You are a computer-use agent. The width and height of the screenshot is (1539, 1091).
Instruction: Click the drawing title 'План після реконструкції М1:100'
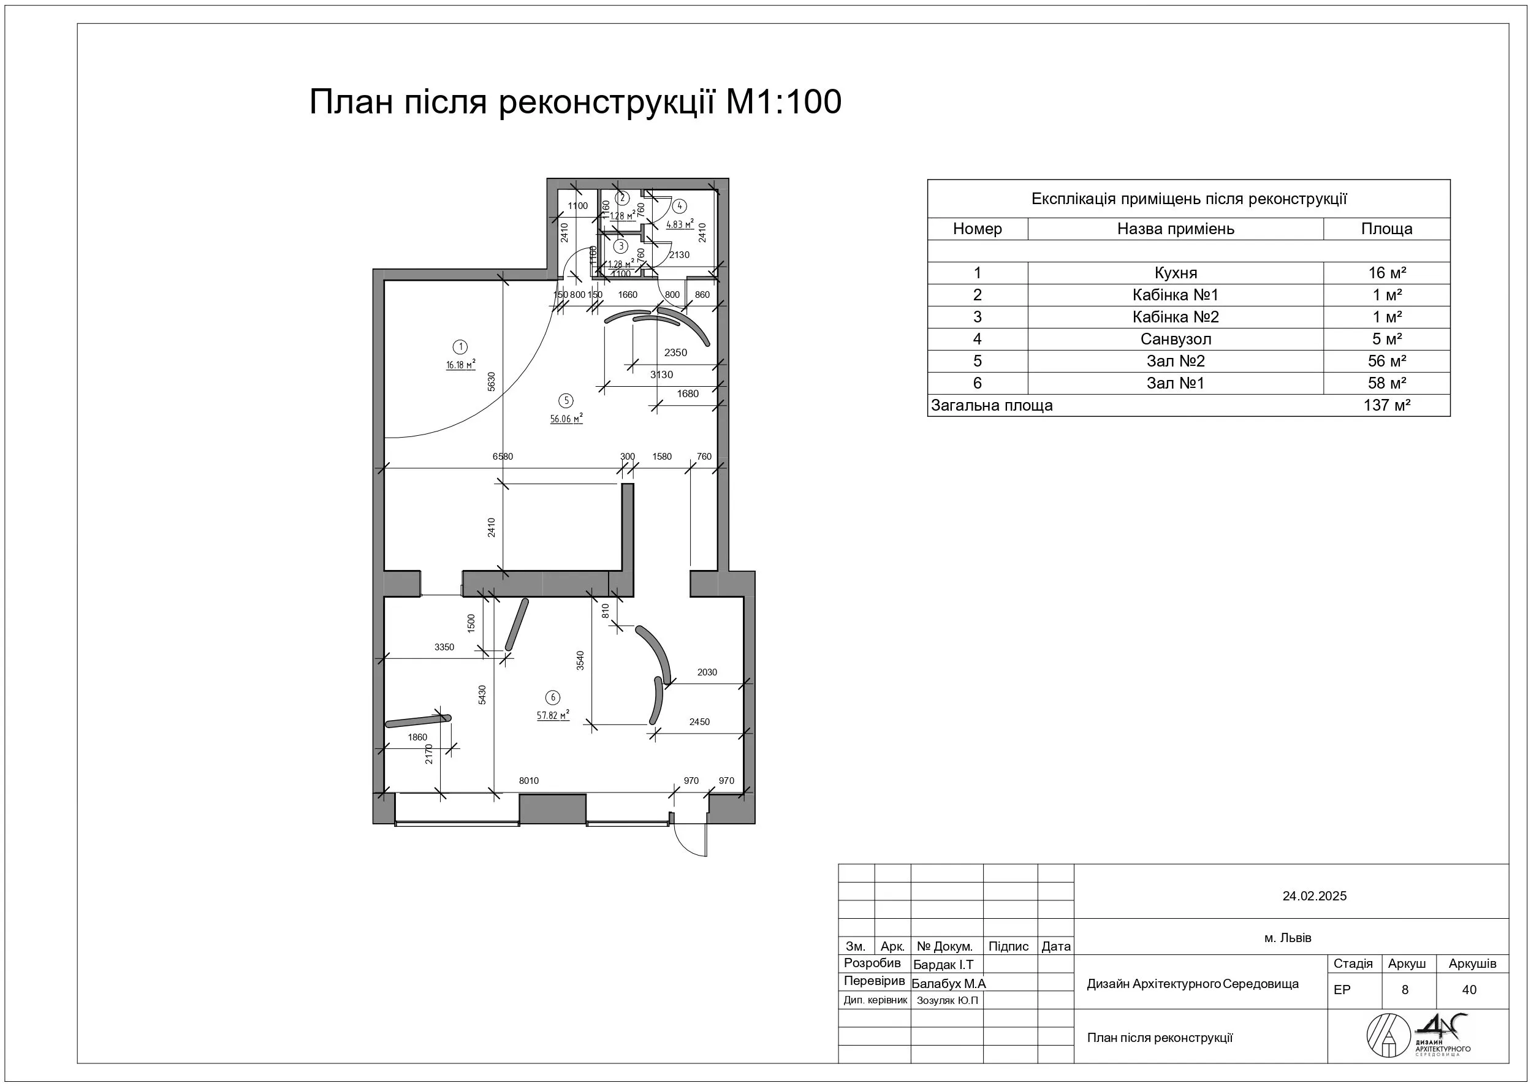click(x=575, y=102)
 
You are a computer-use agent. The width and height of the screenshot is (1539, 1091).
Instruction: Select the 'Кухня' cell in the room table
click(x=1176, y=273)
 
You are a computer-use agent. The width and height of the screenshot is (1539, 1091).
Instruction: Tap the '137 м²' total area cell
click(x=1386, y=405)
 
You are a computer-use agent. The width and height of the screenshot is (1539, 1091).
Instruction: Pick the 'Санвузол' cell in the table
click(x=1176, y=340)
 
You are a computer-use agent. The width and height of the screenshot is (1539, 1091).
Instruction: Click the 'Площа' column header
click(x=1386, y=229)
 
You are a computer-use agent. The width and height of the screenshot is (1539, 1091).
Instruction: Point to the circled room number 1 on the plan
click(x=460, y=348)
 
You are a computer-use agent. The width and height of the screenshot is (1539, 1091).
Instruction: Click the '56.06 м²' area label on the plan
click(x=566, y=419)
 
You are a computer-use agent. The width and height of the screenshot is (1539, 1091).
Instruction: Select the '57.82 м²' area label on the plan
click(x=553, y=715)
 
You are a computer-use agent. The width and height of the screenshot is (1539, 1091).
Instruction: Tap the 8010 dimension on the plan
click(x=529, y=781)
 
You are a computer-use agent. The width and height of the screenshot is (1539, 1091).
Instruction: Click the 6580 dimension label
click(x=503, y=457)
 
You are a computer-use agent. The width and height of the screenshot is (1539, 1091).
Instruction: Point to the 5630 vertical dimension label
click(x=491, y=382)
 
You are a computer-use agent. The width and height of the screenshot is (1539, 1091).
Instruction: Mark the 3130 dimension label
click(x=662, y=375)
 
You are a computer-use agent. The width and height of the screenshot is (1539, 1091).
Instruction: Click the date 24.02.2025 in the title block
click(x=1315, y=895)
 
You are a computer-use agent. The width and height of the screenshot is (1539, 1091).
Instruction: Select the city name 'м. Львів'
click(x=1288, y=938)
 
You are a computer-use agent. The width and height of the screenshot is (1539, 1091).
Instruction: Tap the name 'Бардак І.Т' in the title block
click(x=943, y=965)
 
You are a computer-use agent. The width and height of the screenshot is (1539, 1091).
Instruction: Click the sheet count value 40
click(x=1469, y=989)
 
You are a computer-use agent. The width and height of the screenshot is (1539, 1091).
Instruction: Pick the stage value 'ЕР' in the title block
click(x=1342, y=989)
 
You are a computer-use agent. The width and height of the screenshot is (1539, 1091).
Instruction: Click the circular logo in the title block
click(x=1388, y=1035)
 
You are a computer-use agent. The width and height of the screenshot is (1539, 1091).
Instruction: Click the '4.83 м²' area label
click(x=680, y=224)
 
